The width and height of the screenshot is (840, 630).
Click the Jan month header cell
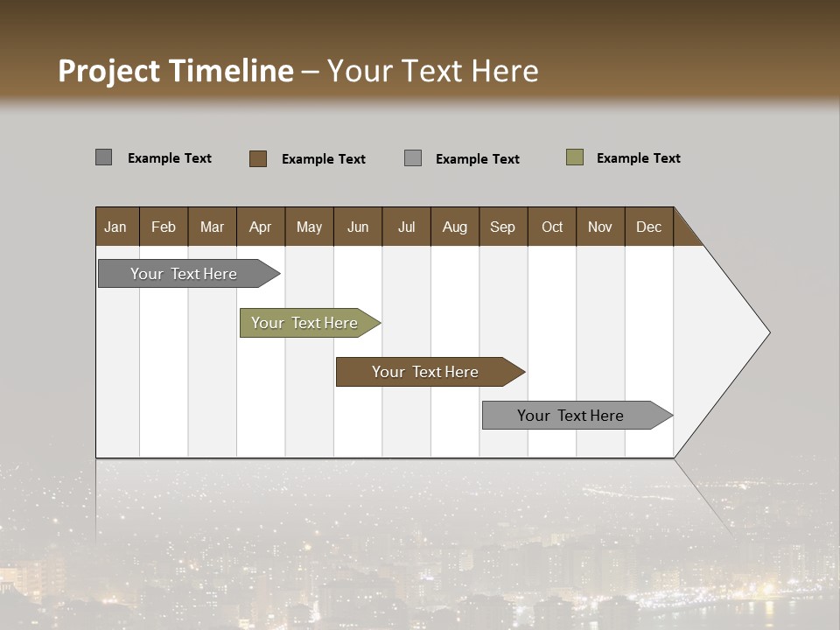click(x=116, y=227)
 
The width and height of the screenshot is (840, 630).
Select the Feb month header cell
click(x=164, y=227)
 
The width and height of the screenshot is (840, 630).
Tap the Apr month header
click(x=261, y=227)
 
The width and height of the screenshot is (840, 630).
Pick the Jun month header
click(x=358, y=227)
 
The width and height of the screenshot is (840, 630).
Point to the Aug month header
click(x=455, y=227)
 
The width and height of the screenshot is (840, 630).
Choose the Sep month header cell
click(x=503, y=227)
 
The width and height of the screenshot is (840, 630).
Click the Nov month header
click(x=600, y=227)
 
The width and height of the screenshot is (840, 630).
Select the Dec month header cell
click(x=649, y=227)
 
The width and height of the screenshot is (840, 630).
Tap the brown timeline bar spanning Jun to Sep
click(x=426, y=372)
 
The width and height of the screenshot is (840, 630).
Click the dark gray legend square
click(x=104, y=157)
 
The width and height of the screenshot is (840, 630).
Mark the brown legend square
click(x=258, y=158)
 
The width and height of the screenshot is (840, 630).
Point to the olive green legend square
click(x=575, y=157)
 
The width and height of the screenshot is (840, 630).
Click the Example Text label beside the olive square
click(x=638, y=158)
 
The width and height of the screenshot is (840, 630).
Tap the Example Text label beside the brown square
click(x=323, y=159)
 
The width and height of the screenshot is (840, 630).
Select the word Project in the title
click(x=109, y=71)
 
